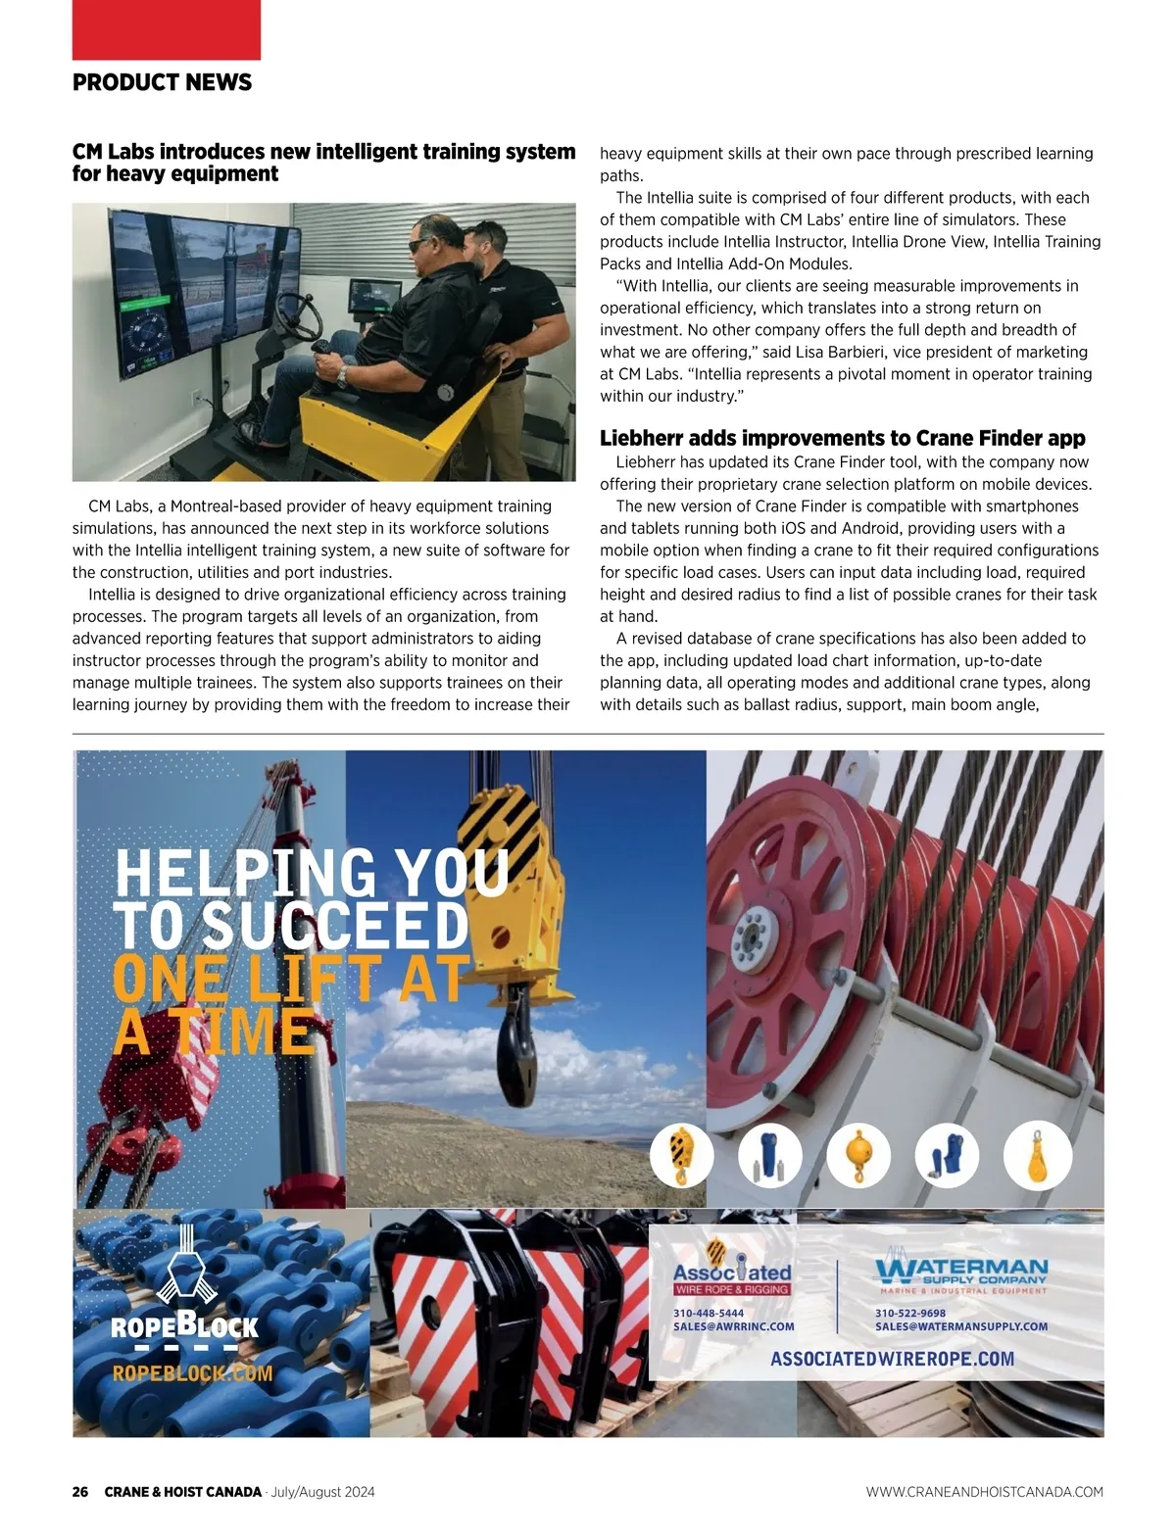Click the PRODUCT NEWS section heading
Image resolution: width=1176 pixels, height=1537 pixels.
(162, 82)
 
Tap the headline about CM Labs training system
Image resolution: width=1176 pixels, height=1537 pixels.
(323, 163)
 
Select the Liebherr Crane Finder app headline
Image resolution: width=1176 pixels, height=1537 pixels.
(842, 438)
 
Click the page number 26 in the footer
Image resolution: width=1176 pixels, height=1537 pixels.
(80, 1492)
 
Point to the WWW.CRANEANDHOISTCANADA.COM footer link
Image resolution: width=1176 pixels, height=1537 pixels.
(984, 1492)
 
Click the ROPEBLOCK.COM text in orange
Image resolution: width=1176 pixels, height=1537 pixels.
(192, 1373)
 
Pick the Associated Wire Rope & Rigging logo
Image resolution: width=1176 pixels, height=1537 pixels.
(732, 1273)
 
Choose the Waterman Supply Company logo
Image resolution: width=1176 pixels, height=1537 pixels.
(961, 1274)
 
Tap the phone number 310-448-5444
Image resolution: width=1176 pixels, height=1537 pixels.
(708, 1313)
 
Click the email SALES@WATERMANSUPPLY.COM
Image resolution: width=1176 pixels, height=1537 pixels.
(960, 1326)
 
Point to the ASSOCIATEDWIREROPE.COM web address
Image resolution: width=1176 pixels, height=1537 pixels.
(892, 1359)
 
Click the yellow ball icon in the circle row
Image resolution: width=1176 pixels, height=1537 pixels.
(857, 1155)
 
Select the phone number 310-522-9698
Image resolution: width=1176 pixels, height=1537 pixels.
(909, 1313)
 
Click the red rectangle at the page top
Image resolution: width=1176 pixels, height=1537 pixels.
(166, 29)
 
